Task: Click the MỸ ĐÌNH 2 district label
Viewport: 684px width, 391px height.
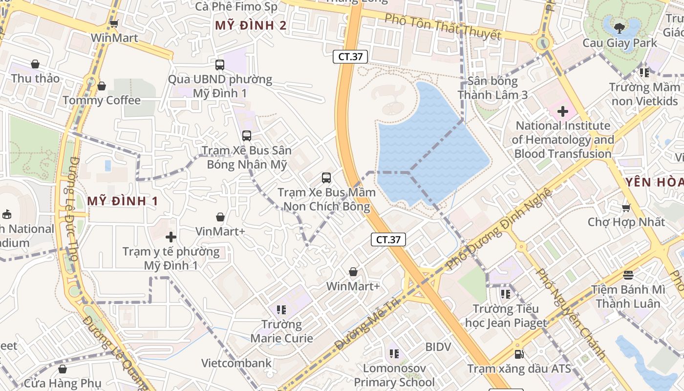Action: (x=251, y=25)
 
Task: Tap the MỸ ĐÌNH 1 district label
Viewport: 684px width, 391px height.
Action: (x=123, y=200)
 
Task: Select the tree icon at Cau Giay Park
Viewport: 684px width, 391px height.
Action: (x=620, y=27)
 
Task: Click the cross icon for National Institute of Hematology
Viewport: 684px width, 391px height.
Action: (x=562, y=112)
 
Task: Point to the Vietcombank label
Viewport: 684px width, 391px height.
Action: (x=236, y=363)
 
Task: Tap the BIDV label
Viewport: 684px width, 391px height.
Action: (x=438, y=347)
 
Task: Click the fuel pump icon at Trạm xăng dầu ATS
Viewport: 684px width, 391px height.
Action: (x=519, y=354)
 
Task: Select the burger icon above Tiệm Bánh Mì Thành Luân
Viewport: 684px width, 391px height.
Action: (x=628, y=275)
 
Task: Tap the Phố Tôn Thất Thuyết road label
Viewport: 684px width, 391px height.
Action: (x=443, y=27)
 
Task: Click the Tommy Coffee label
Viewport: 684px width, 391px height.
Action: (x=102, y=100)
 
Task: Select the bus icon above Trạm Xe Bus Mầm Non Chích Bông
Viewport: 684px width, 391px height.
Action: (x=326, y=178)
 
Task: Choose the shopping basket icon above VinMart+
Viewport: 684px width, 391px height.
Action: (x=220, y=217)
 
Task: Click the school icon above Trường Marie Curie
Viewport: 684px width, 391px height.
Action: (x=281, y=309)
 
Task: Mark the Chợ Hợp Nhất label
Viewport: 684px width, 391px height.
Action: (x=626, y=222)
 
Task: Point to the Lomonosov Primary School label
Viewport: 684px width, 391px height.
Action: (x=394, y=375)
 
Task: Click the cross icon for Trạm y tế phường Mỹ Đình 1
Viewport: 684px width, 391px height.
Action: (x=171, y=238)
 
